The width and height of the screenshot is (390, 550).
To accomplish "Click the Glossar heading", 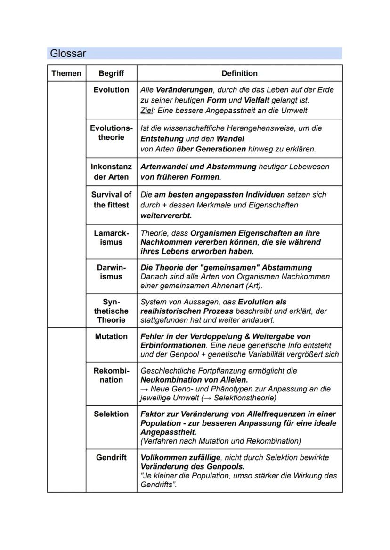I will tap(68, 54).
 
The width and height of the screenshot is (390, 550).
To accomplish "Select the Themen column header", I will tap(66, 73).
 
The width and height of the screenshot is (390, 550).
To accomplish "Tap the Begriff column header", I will tap(112, 73).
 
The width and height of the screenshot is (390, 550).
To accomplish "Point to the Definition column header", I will tap(239, 73).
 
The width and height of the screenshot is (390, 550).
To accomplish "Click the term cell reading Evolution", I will tap(112, 90).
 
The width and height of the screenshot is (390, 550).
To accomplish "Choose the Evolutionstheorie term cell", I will tap(112, 133).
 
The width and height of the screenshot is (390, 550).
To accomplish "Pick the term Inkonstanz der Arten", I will tap(112, 172).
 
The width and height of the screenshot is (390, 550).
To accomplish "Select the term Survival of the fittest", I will tap(112, 200).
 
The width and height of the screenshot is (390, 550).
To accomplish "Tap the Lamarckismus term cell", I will tap(112, 238).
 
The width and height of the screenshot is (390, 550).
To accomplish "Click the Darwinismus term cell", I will tap(112, 272).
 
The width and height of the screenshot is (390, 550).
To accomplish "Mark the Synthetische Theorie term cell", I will tap(112, 311).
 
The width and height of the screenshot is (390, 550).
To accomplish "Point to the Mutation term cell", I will tap(112, 337).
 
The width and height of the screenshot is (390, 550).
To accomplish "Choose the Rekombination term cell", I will tap(112, 375).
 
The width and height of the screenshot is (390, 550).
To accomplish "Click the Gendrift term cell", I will tap(112, 457).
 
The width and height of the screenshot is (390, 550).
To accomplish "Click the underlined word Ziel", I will tap(146, 111).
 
